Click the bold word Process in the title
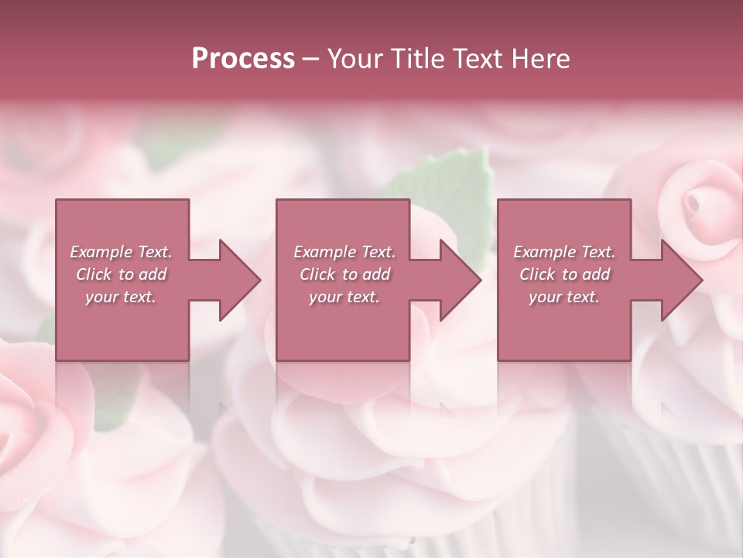(243, 58)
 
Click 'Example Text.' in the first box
(122, 252)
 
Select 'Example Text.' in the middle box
(344, 252)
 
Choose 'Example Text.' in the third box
(564, 252)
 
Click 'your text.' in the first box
(121, 297)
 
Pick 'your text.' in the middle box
(344, 297)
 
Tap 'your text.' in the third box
(564, 297)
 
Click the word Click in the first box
(94, 274)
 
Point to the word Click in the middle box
(317, 274)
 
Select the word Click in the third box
(537, 274)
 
